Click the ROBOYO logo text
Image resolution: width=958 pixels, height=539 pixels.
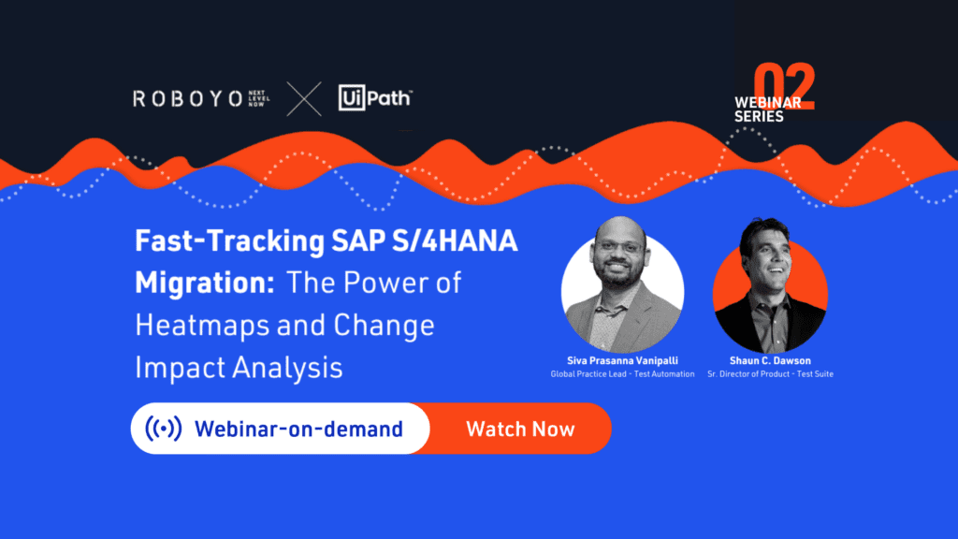coord(187,98)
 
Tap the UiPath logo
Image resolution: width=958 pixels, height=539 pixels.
coord(375,97)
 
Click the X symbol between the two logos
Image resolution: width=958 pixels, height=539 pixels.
coord(304,99)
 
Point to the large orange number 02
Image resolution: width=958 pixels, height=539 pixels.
coord(785,86)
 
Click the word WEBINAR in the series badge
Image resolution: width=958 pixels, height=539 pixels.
coord(767,102)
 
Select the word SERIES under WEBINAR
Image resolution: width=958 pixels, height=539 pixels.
coord(759,116)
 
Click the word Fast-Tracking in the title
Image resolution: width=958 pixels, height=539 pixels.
coord(230,240)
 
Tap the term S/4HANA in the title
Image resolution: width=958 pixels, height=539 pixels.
coord(455,240)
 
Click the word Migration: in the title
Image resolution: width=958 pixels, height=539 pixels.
coord(205,283)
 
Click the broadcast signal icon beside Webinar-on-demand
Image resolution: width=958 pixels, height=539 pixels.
coord(163,429)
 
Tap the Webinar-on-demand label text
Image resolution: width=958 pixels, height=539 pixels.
coord(298,429)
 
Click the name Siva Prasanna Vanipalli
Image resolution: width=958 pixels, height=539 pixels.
coord(622,360)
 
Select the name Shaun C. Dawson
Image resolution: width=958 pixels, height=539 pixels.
coord(771,360)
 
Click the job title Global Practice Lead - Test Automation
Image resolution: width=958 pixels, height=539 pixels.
coord(622,374)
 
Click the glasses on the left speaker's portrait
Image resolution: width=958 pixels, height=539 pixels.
coord(619,247)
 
